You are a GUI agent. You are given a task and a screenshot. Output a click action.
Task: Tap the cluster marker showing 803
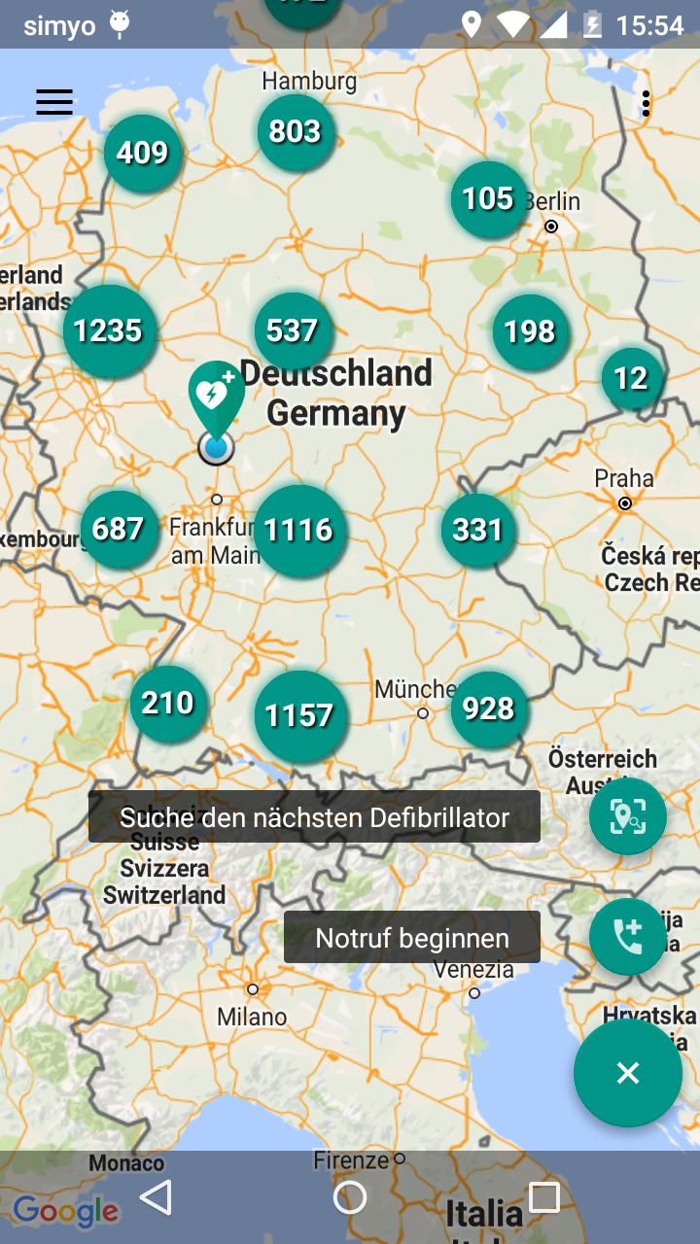point(295,132)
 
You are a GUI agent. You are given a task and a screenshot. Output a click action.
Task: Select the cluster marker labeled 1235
point(109,331)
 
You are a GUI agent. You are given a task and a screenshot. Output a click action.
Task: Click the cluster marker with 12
point(631,377)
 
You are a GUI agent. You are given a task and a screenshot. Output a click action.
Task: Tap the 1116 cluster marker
point(299,531)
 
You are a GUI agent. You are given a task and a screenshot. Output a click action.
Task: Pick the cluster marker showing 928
point(488,709)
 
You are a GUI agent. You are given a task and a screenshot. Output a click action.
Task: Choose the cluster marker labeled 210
point(168,703)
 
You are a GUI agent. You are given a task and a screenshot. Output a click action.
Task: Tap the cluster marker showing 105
point(488,199)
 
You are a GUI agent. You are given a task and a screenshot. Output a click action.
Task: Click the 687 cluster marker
point(119,529)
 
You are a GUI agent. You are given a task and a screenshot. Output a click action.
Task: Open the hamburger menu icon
point(54,102)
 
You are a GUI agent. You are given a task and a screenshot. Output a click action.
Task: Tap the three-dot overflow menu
point(646,104)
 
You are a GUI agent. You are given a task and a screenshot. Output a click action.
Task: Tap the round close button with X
point(627,1073)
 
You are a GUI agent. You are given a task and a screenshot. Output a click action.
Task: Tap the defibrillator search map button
point(627,816)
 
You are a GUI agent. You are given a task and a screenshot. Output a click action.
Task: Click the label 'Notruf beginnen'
point(412,938)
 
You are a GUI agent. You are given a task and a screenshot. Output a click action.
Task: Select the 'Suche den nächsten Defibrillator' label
point(314,817)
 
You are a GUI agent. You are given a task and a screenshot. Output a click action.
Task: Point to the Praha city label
point(624,478)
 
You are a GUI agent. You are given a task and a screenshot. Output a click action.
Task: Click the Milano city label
point(252,1017)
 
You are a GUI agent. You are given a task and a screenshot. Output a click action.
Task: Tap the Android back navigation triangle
point(157,1197)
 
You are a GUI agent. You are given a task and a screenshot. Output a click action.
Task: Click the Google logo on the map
point(66,1211)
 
